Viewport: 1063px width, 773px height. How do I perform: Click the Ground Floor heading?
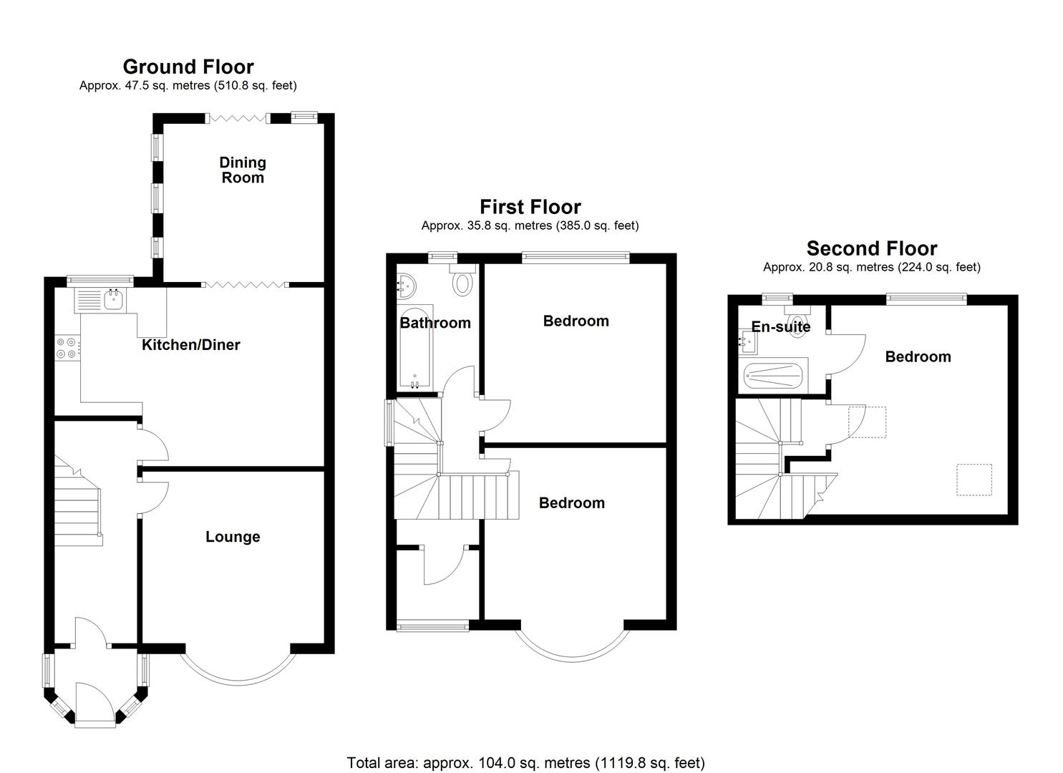coord(188,67)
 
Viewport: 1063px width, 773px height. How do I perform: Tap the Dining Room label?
coord(243,170)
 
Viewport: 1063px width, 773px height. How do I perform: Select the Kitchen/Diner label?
coord(190,344)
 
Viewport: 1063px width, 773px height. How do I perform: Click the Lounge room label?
coord(233,537)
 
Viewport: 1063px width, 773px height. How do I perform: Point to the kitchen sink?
coord(113,300)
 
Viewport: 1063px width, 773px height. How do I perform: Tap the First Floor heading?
coord(530,207)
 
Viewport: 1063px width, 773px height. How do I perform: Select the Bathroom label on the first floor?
coord(435,323)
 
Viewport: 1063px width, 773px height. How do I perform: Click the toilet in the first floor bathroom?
coord(463,281)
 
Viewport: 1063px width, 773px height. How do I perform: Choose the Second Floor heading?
coord(871,248)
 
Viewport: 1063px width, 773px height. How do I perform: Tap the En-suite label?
coord(780,327)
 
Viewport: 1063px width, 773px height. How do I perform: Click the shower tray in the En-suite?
coord(775,376)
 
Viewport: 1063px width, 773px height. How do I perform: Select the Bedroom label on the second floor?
coord(918,356)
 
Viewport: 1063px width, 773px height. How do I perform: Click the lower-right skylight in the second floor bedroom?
coord(974,480)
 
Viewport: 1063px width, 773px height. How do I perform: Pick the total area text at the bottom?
coord(525,763)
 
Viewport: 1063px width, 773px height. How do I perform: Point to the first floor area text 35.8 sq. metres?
coord(530,225)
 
